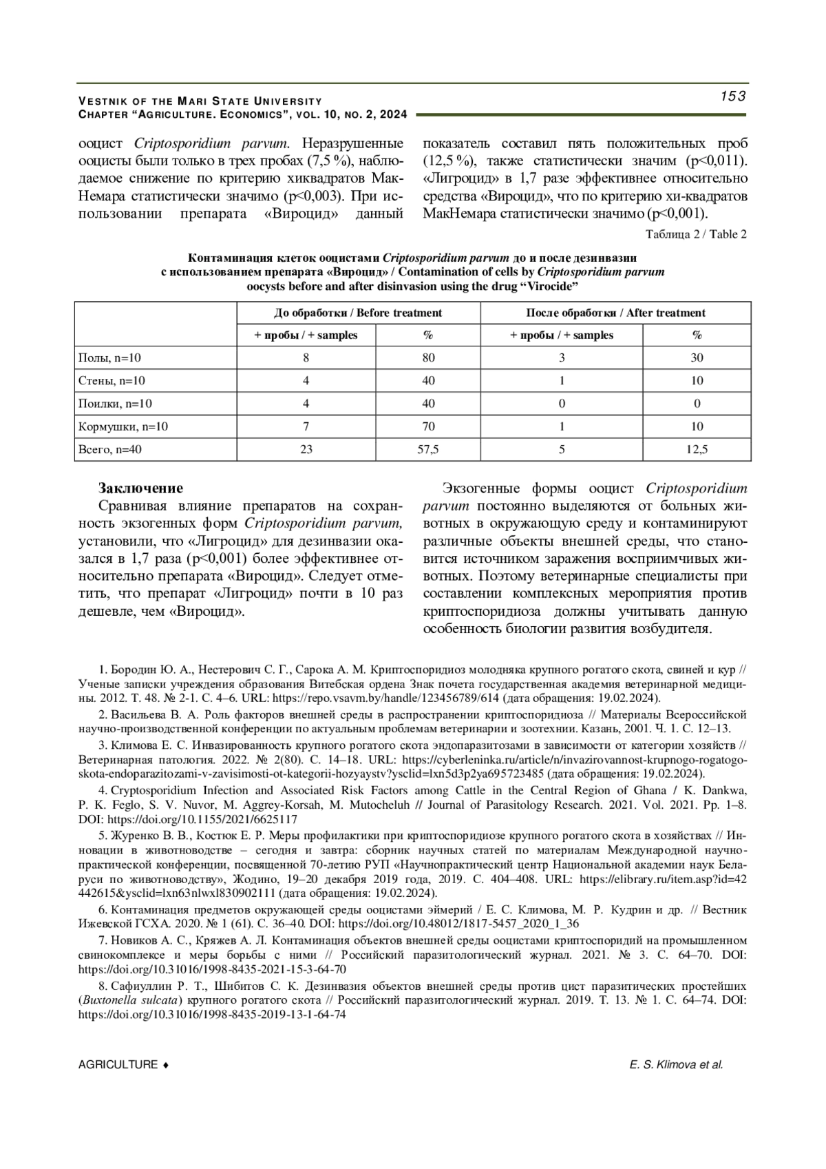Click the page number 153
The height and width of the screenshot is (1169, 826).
click(733, 96)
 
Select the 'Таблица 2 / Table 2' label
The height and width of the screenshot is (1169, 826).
click(696, 234)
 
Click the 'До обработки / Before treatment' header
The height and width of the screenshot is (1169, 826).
click(358, 313)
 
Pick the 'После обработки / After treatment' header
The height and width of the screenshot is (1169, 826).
click(615, 313)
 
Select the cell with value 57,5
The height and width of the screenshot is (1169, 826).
click(428, 450)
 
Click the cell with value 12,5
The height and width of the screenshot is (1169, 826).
click(697, 450)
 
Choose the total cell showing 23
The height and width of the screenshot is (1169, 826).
click(306, 450)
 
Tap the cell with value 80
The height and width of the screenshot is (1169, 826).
click(428, 358)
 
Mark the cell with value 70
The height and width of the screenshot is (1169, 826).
click(428, 426)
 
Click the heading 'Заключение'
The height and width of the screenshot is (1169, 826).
click(141, 488)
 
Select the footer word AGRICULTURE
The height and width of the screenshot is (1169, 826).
click(118, 1065)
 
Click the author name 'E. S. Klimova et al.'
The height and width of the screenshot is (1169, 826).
click(676, 1065)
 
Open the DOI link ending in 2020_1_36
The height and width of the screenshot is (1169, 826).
click(458, 924)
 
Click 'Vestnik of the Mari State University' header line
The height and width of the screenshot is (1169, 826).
click(200, 101)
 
